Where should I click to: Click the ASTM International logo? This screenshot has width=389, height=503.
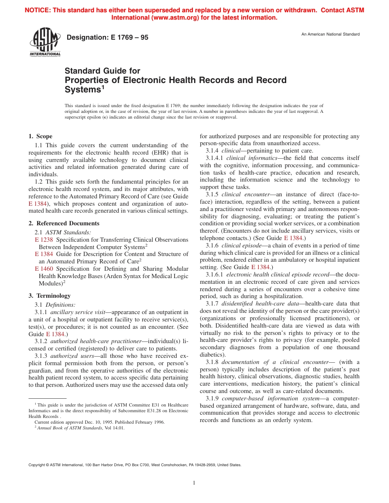45,43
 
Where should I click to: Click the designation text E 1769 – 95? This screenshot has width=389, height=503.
107,38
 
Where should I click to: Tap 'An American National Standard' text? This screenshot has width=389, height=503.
330,34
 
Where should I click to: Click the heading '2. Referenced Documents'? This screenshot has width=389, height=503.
63,223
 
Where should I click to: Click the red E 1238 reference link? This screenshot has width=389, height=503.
44,240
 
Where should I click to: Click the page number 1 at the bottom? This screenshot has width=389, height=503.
194,483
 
